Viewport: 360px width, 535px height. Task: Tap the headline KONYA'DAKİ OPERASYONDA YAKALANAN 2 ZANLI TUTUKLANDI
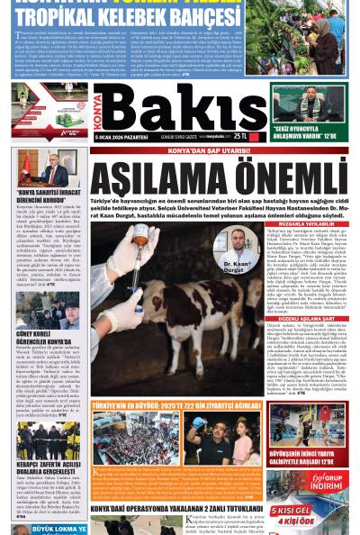click(x=170, y=507)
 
